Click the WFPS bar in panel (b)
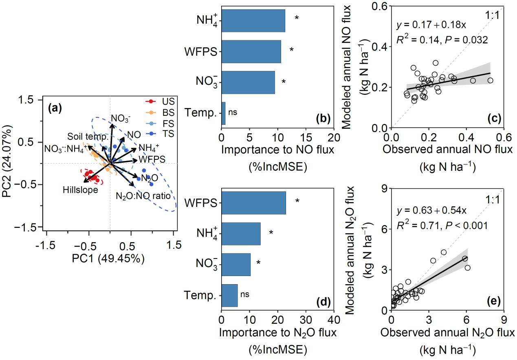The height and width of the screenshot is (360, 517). [251, 51]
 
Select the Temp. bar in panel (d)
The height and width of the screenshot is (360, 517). [229, 295]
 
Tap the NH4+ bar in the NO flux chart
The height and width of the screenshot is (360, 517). [253, 20]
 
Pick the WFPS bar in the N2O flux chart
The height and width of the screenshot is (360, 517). [253, 203]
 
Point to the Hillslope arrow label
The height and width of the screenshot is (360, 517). [80, 190]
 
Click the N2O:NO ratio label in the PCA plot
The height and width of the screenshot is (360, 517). [143, 196]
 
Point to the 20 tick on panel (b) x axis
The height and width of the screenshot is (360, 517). [334, 137]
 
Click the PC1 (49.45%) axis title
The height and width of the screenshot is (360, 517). [110, 259]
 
